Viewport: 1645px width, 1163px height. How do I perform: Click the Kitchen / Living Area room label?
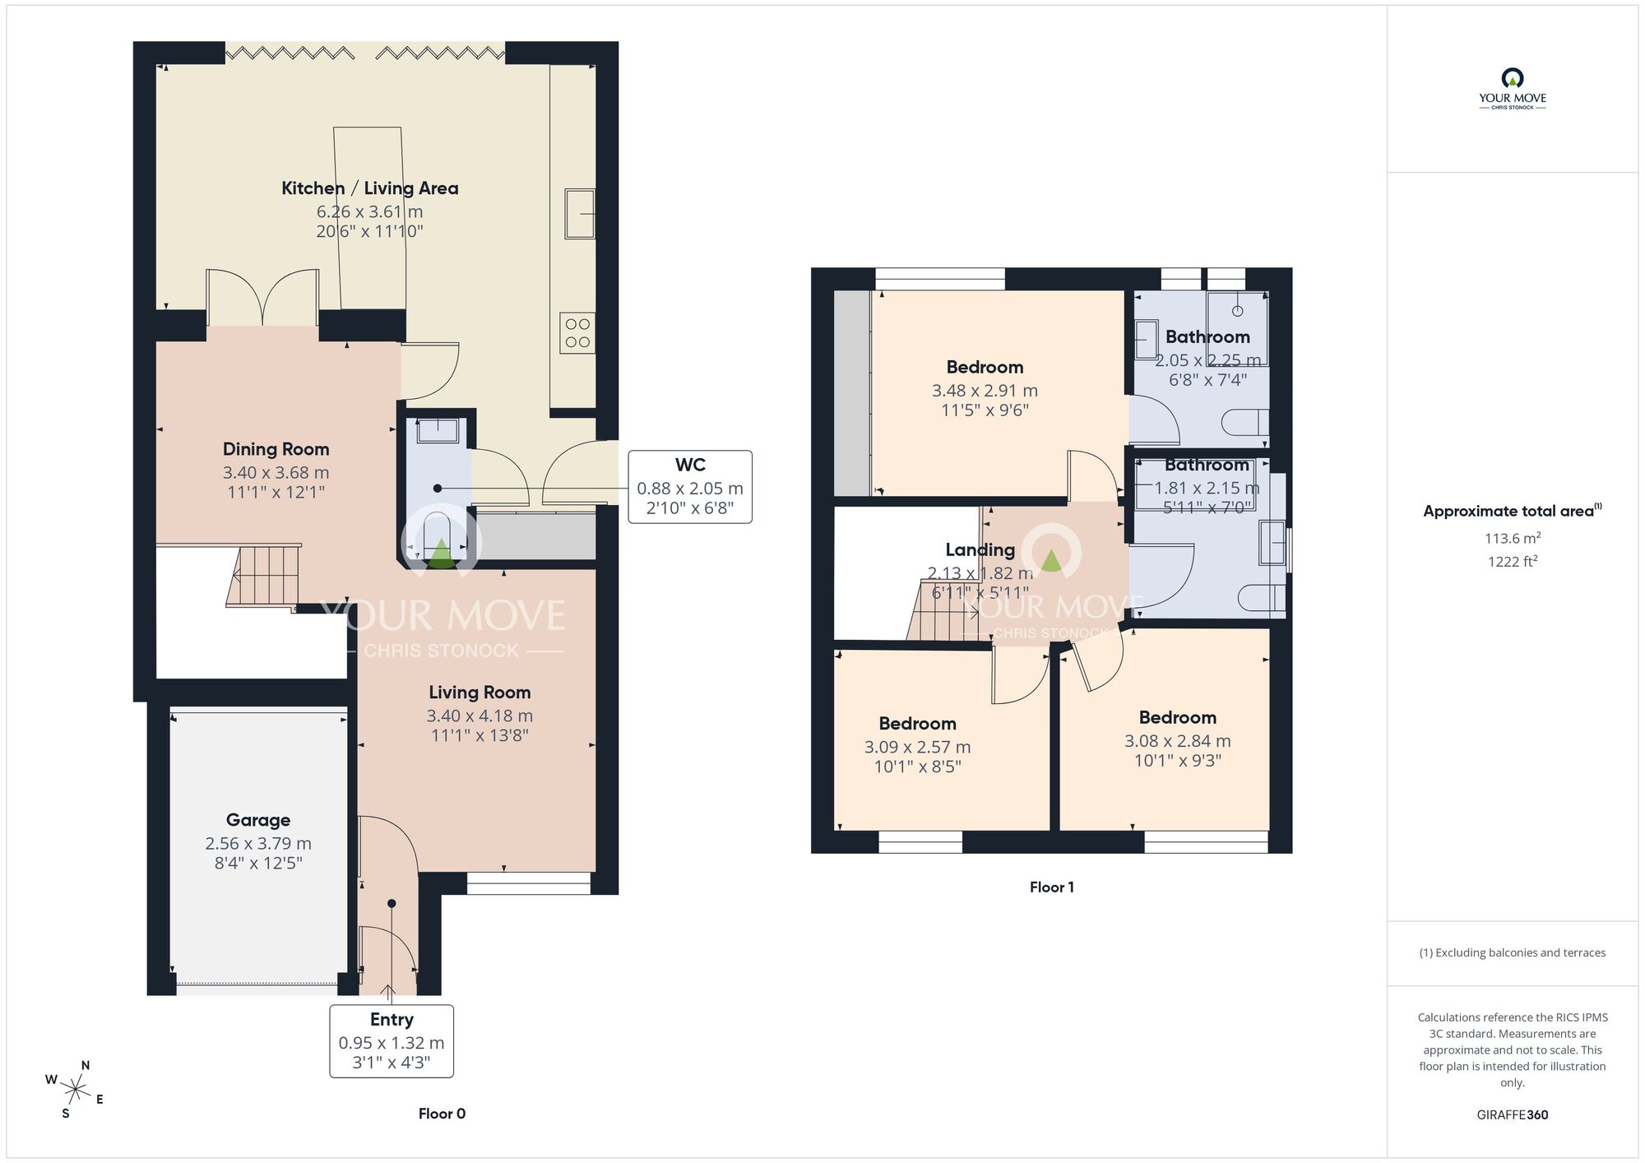[x=369, y=188]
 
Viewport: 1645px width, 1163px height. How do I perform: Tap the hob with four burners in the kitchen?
[x=577, y=333]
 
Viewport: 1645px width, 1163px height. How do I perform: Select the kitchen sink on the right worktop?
[x=580, y=214]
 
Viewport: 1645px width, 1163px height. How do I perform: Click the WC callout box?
[x=689, y=486]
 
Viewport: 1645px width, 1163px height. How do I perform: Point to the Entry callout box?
[x=392, y=1040]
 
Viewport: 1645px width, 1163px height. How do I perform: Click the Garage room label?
[x=258, y=820]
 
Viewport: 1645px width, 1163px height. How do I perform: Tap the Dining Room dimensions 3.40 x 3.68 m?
[x=276, y=473]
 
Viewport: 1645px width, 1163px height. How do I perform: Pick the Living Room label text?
[x=480, y=693]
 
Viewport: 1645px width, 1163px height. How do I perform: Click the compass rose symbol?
[x=76, y=1091]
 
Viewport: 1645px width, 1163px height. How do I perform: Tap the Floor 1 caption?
[x=1051, y=887]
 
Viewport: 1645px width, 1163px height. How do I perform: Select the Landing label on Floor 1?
[x=980, y=549]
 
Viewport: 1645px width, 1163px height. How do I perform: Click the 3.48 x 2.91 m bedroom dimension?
[x=985, y=391]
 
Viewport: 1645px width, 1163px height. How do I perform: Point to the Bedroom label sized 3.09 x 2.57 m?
[x=917, y=724]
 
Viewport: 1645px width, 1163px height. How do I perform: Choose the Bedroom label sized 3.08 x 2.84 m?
[x=1177, y=717]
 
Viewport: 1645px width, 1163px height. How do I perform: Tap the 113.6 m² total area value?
[x=1512, y=538]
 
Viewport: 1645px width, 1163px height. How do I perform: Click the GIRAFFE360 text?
[x=1512, y=1114]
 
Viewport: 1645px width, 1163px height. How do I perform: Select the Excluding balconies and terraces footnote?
[x=1512, y=952]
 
